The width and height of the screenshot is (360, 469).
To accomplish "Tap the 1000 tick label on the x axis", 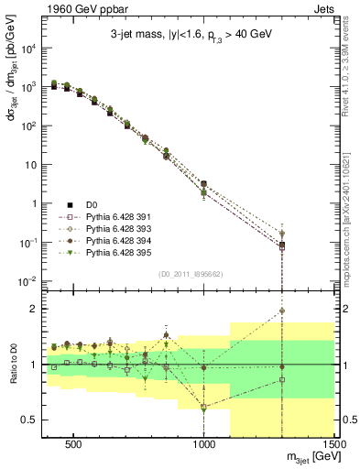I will [x=203, y=442].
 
